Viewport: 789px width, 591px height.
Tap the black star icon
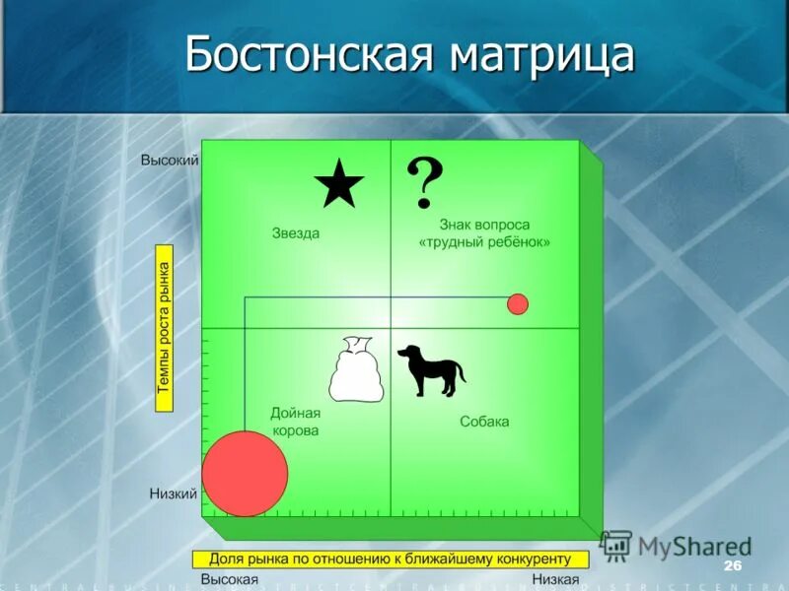pyautogui.click(x=339, y=183)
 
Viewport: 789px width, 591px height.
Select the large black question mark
pyautogui.click(x=425, y=181)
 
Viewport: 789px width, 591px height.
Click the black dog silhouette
pyautogui.click(x=431, y=369)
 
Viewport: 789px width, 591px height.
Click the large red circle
pyautogui.click(x=245, y=473)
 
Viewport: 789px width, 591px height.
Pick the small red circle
pyautogui.click(x=518, y=304)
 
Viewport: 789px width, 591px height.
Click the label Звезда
pyautogui.click(x=296, y=233)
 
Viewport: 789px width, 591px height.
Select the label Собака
pyautogui.click(x=484, y=422)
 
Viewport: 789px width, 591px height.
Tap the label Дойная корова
pyautogui.click(x=295, y=423)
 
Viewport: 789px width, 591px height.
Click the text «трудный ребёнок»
pyautogui.click(x=484, y=242)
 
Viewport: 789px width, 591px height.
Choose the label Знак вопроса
pyautogui.click(x=484, y=226)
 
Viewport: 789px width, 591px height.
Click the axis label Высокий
pyautogui.click(x=170, y=160)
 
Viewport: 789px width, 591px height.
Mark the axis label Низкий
pyautogui.click(x=174, y=493)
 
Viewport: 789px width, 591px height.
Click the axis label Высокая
pyautogui.click(x=230, y=579)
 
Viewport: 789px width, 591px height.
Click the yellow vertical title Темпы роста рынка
pyautogui.click(x=165, y=328)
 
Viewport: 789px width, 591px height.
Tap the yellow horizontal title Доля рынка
pyautogui.click(x=391, y=559)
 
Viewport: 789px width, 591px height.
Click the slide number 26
pyautogui.click(x=732, y=565)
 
